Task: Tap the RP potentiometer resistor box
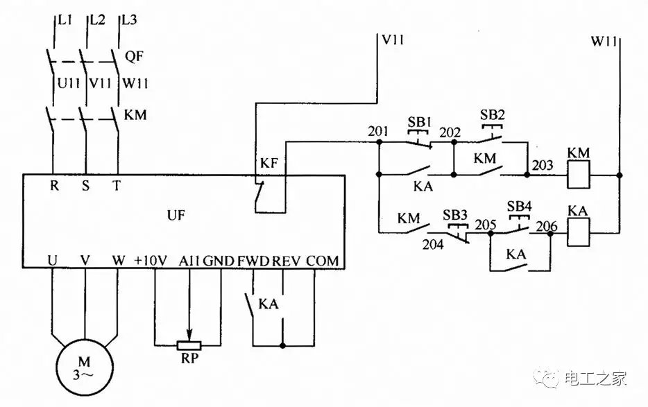pyautogui.click(x=188, y=345)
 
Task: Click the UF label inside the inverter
pyautogui.click(x=176, y=215)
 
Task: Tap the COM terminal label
pyautogui.click(x=323, y=261)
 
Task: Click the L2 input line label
pyautogui.click(x=98, y=20)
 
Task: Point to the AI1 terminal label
pyautogui.click(x=189, y=261)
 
